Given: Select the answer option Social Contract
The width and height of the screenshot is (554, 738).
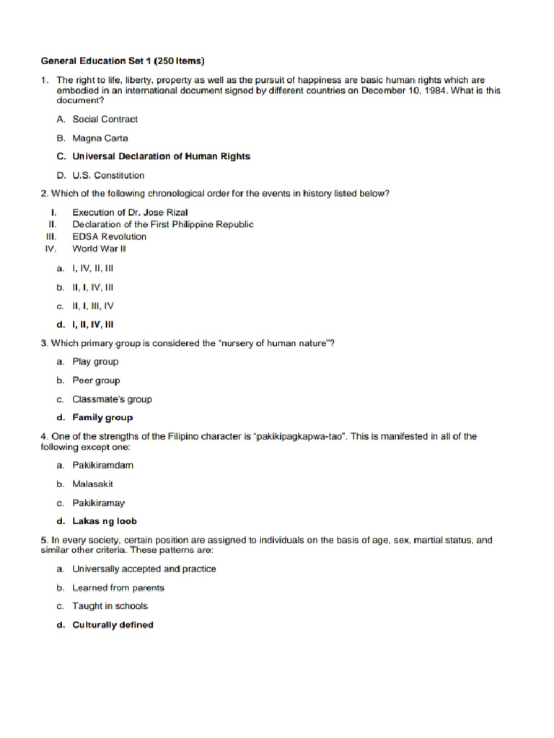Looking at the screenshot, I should [x=105, y=119].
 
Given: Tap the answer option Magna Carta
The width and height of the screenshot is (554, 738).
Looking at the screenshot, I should [x=100, y=138].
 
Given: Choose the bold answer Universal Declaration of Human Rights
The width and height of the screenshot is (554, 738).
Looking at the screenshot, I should [x=161, y=156].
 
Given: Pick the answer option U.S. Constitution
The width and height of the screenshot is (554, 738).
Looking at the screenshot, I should [x=108, y=175].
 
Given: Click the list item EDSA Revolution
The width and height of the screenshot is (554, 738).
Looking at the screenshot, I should [x=109, y=236].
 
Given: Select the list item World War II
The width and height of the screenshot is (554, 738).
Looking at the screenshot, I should [x=99, y=249].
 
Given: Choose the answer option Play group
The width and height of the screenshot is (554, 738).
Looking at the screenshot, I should [x=95, y=362].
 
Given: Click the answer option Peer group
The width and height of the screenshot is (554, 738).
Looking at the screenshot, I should [x=96, y=381].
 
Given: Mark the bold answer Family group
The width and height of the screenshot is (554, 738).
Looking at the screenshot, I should [x=102, y=417].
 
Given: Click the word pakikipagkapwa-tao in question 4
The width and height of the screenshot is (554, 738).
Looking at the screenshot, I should [x=307, y=437].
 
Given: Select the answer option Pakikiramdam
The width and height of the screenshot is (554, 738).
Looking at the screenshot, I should [x=102, y=465].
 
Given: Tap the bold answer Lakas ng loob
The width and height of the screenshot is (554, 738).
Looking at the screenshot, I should [x=105, y=521].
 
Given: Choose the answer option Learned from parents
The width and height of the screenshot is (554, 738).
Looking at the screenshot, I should [x=118, y=587].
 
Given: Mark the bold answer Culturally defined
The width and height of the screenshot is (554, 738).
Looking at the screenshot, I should [x=113, y=625].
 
